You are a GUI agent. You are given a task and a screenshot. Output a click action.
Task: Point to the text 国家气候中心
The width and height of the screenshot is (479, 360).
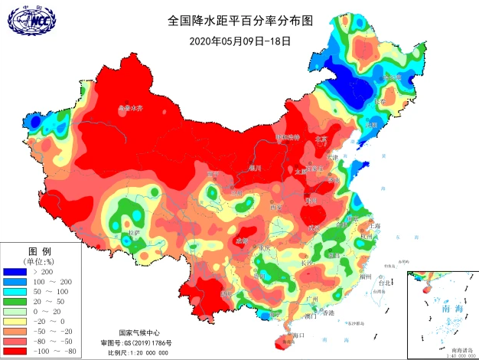(x=139, y=333)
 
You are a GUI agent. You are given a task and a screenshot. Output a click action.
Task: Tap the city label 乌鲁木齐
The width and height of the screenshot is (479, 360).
(x=130, y=108)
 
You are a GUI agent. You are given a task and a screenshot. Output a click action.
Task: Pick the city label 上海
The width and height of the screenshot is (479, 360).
(x=375, y=226)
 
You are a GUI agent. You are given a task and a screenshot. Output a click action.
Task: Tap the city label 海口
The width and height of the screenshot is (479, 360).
(x=299, y=335)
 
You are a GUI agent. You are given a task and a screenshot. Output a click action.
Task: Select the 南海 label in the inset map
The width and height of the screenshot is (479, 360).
(x=442, y=308)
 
